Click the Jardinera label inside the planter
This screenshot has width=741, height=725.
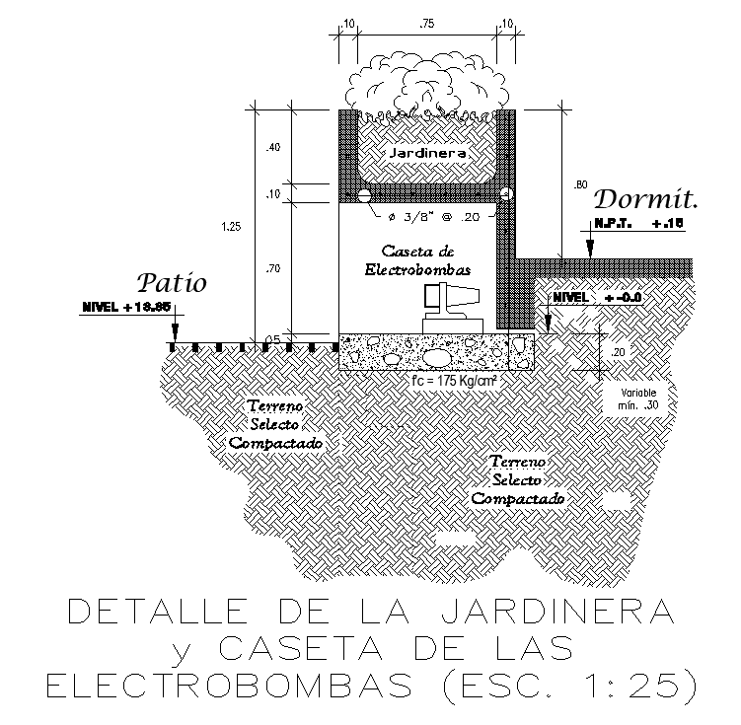click(x=425, y=155)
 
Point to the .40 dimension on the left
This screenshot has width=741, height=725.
click(x=272, y=147)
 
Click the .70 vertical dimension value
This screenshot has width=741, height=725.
click(x=272, y=267)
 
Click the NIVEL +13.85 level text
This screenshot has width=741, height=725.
click(x=126, y=308)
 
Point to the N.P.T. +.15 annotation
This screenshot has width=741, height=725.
click(x=637, y=224)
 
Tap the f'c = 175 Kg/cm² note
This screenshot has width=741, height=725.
click(x=452, y=380)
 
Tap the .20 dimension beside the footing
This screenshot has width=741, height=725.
click(x=617, y=352)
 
